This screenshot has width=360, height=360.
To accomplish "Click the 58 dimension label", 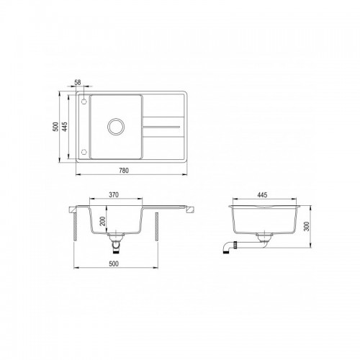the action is pos(78,82).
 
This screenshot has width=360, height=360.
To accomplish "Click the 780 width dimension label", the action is pos(124,171).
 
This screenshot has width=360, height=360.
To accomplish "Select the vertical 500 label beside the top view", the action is pos(55,127).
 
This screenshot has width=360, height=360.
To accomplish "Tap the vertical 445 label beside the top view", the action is pos(65,127).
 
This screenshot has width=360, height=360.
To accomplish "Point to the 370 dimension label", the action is pos(114,195).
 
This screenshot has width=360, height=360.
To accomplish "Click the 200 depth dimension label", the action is pos(102,221).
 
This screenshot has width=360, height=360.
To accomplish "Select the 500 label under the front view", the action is pos(114,264).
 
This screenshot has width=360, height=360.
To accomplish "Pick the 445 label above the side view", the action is pos(262,195).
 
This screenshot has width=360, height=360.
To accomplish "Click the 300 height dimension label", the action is pos(307,226).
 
